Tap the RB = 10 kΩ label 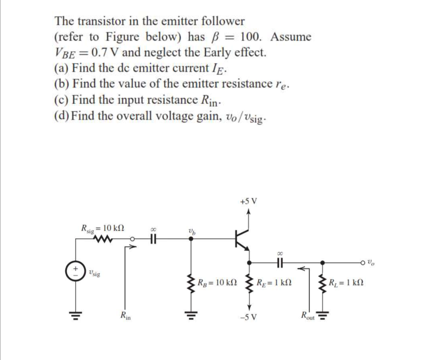[x=216, y=282]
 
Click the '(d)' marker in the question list [x=62, y=116]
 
